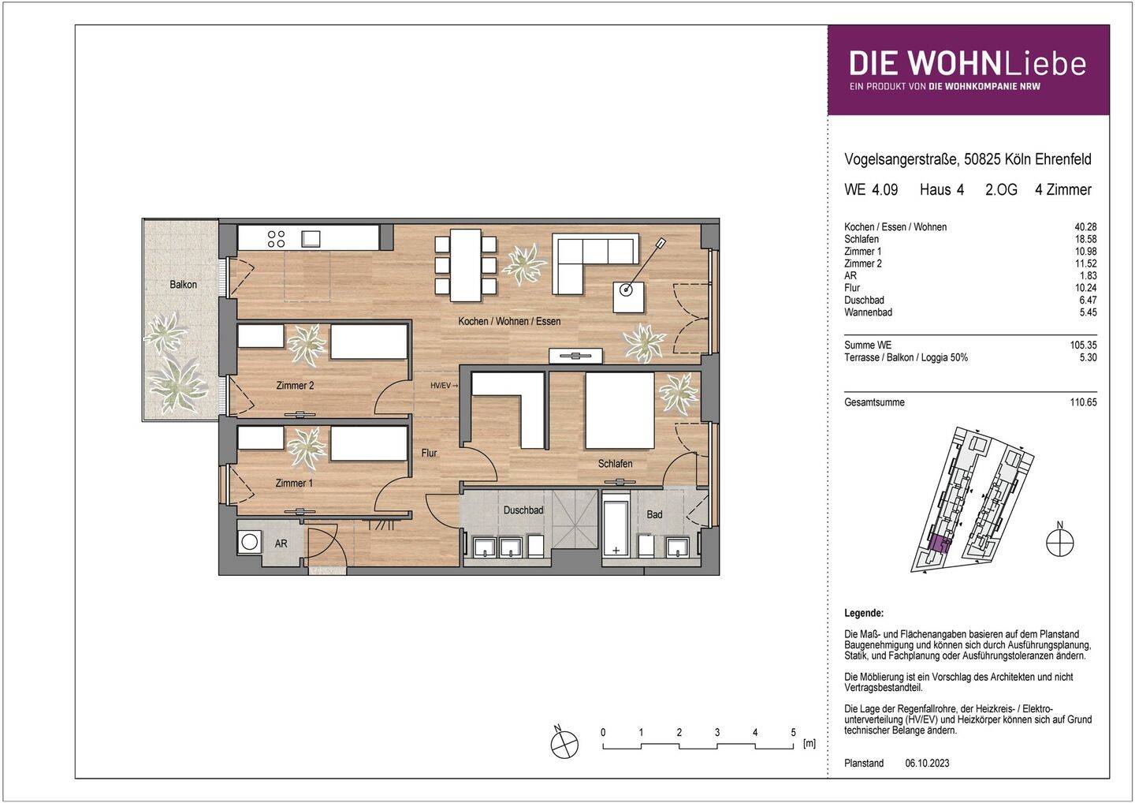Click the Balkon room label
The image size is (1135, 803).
tap(183, 285)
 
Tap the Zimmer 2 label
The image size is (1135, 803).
tap(295, 386)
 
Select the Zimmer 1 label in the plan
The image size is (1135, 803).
tap(294, 483)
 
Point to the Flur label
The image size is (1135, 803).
tap(429, 454)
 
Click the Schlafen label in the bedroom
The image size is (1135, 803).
tap(615, 464)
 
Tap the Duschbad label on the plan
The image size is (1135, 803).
tap(523, 510)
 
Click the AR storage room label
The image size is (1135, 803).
tap(281, 544)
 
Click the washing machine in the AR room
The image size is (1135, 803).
tap(251, 543)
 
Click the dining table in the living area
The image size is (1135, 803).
tap(464, 265)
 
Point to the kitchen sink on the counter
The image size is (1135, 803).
tap(310, 238)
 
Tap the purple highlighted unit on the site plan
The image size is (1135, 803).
tap(938, 543)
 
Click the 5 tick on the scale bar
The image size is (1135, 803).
tap(793, 733)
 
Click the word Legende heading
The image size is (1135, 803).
tap(863, 613)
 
